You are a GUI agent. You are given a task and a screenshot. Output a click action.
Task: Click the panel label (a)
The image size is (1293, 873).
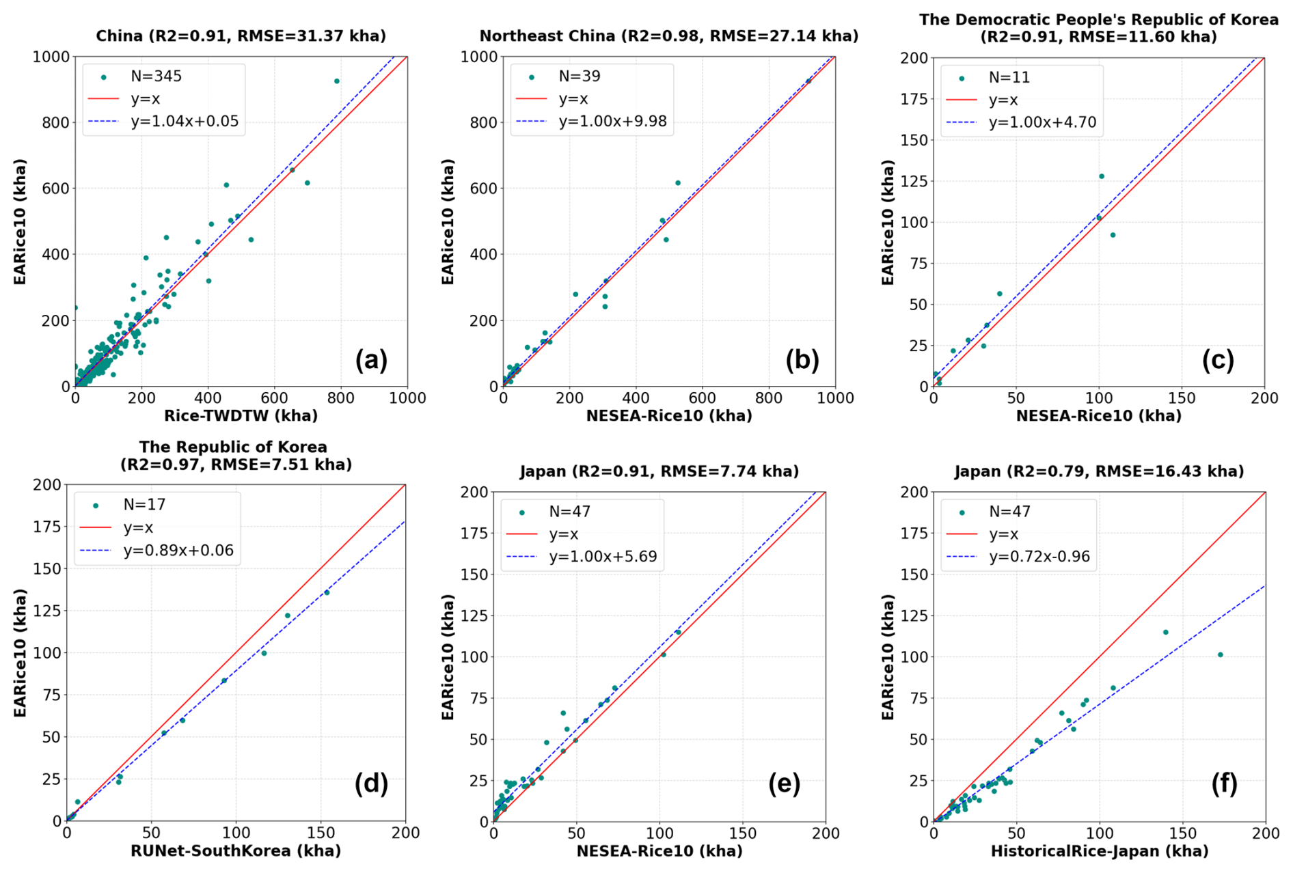(371, 360)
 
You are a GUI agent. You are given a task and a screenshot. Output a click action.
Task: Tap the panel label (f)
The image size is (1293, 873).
(1224, 784)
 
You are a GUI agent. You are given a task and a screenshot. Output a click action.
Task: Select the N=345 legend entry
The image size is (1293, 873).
(156, 77)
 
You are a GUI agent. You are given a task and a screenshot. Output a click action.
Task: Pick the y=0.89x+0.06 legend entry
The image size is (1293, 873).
(178, 551)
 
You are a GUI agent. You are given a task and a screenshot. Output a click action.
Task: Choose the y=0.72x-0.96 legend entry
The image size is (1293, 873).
(1039, 557)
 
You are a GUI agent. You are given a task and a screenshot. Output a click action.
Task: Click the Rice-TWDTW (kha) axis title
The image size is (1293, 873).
(241, 415)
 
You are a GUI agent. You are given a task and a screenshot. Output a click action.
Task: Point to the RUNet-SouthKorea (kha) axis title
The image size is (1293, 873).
(235, 850)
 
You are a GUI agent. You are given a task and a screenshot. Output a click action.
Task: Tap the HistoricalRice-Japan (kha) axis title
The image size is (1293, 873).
(1099, 851)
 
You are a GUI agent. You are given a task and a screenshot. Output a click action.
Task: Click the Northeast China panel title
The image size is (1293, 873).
(668, 36)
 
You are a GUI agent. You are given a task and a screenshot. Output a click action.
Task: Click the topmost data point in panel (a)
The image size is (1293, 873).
(336, 81)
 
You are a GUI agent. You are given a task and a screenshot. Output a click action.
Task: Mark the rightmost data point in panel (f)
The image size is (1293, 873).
(1221, 655)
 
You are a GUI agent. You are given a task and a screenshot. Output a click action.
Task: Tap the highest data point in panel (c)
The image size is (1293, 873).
(1102, 176)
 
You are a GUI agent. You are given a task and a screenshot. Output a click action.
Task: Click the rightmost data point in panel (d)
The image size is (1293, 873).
(327, 592)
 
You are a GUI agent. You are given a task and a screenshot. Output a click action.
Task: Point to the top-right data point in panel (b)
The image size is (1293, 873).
(808, 81)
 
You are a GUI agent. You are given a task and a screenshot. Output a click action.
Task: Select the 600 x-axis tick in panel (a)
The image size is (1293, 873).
(275, 398)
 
